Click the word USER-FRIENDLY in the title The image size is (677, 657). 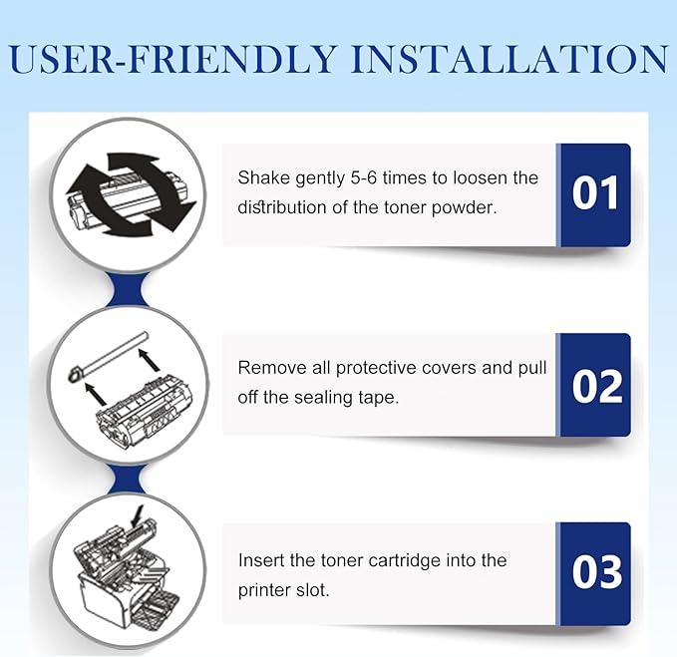pos(172,58)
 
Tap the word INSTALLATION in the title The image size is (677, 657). pos(509,58)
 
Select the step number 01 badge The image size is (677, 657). pos(594,195)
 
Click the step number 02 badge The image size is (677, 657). pos(594,385)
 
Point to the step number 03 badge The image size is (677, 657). pos(594,573)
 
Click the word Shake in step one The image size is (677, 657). pos(263,177)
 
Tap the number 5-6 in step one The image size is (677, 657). pos(364,177)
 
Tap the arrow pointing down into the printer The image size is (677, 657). pos(138,516)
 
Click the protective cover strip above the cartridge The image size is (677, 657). pos(109,357)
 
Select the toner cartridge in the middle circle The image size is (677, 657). pos(145,417)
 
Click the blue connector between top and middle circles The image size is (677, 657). pos(128,289)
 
